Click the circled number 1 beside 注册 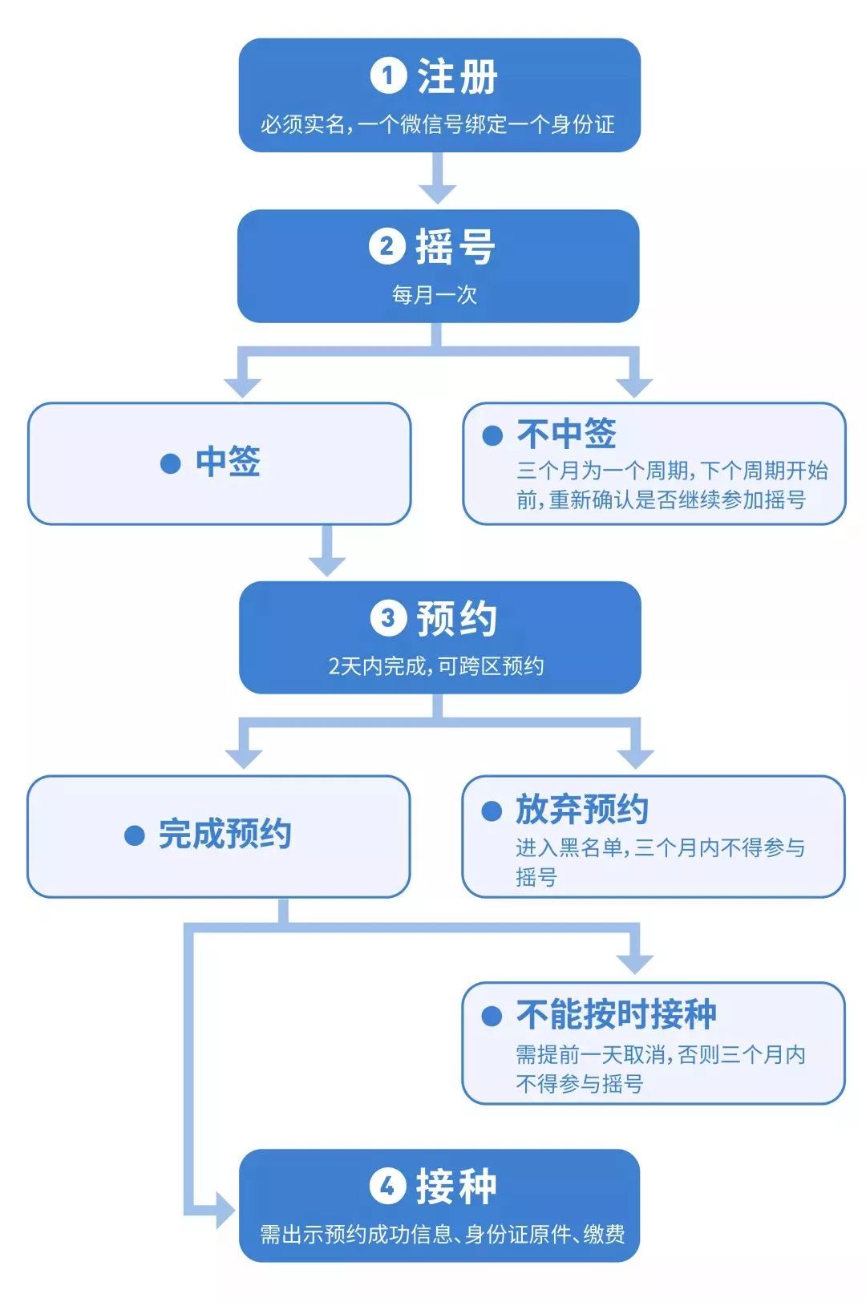(x=388, y=76)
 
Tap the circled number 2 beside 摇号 (x=387, y=246)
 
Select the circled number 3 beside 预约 (x=388, y=618)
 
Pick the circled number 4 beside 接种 (x=387, y=1186)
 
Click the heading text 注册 (x=458, y=77)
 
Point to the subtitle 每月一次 (x=435, y=295)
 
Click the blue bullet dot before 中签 (x=170, y=463)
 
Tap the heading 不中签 (x=566, y=434)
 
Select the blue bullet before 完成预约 (x=134, y=835)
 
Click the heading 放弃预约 (x=582, y=809)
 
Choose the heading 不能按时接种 (x=616, y=1014)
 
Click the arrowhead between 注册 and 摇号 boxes (x=438, y=193)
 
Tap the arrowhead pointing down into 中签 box (x=242, y=386)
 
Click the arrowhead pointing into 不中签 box (x=634, y=386)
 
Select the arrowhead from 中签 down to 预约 (x=327, y=564)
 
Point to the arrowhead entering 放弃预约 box (x=636, y=758)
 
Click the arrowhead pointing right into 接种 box (x=225, y=1210)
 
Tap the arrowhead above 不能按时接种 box (x=636, y=963)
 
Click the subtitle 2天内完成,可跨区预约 (x=436, y=666)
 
